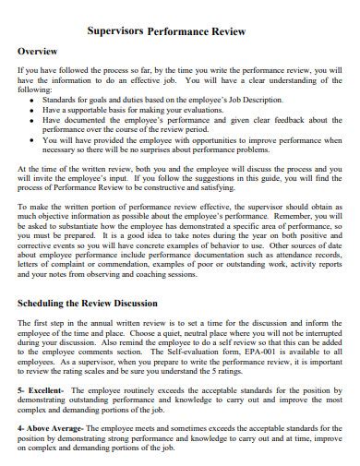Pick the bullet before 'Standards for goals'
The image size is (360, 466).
click(33, 98)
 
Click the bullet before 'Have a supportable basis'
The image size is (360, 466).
click(33, 108)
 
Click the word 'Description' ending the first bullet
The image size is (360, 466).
click(260, 98)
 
